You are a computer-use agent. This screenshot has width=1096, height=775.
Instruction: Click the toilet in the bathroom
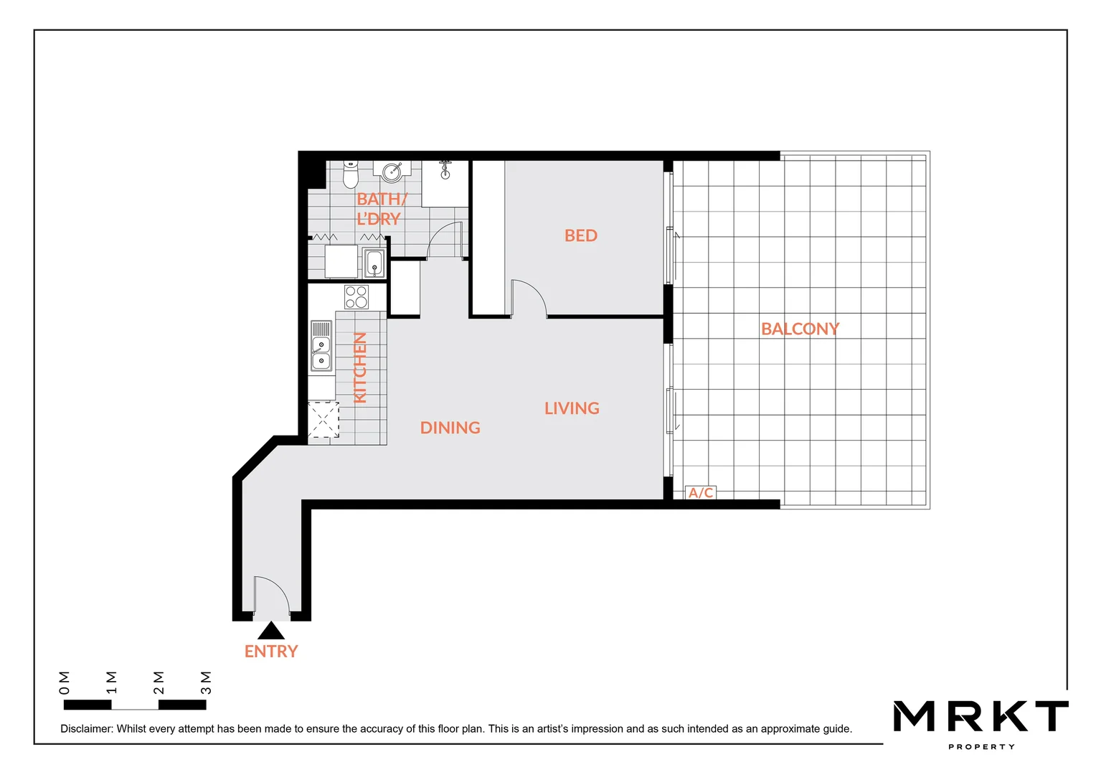(350, 173)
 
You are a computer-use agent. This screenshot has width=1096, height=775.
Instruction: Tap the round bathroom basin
(392, 172)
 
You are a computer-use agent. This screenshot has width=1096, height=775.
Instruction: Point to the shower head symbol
(445, 169)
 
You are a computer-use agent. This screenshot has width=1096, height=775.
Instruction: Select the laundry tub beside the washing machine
(374, 263)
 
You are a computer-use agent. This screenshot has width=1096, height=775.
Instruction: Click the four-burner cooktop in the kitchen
(356, 297)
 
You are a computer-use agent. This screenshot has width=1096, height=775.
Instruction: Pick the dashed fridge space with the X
(323, 420)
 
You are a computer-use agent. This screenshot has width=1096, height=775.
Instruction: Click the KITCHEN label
(360, 367)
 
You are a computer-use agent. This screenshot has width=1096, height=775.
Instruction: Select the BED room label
(580, 236)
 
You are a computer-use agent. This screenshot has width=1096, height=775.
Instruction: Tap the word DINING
(450, 428)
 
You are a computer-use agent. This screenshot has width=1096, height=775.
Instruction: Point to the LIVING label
(572, 408)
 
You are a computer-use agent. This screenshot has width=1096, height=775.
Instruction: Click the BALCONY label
(800, 329)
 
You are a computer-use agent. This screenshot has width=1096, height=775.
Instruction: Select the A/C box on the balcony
(701, 493)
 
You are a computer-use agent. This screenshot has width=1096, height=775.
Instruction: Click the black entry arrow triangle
(271, 631)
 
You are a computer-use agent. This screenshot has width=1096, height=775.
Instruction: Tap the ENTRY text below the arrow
(271, 652)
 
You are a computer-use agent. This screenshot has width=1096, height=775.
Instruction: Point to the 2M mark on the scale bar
(159, 683)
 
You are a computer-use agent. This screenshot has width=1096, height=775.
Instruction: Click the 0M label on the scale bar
(65, 683)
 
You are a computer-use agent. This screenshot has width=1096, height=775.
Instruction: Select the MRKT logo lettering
(981, 717)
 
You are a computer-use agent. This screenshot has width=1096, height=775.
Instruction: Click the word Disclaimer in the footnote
(86, 729)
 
